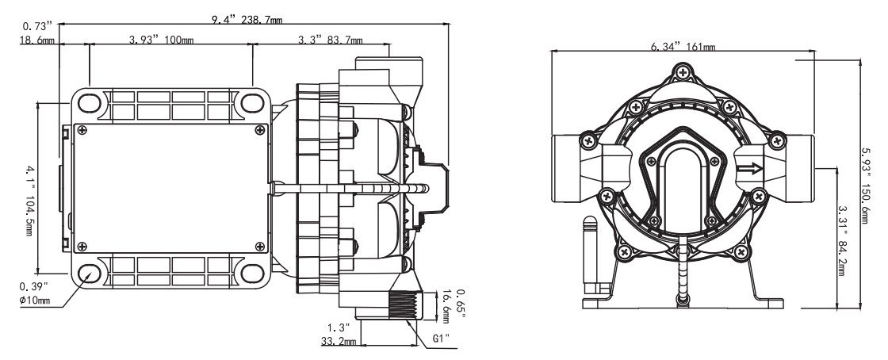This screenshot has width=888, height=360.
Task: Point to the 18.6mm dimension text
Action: tap(38, 40)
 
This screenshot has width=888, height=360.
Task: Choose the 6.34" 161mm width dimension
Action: tap(683, 47)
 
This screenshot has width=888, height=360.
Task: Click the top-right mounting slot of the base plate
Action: tap(253, 103)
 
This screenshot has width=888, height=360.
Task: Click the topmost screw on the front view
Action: tap(680, 73)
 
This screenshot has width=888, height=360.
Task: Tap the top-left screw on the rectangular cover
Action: tap(82, 130)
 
